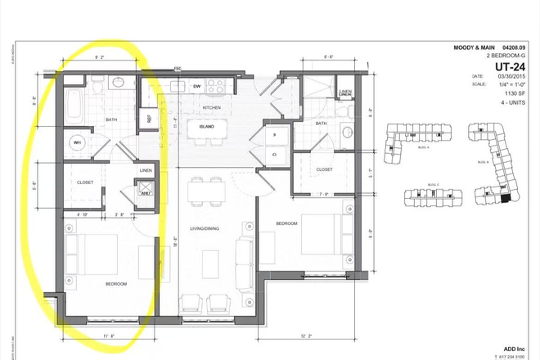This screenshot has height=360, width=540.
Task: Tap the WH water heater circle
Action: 78,142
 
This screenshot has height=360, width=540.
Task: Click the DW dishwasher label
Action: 197,86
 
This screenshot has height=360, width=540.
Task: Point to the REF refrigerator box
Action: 150,118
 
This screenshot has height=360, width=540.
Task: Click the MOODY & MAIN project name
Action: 476,47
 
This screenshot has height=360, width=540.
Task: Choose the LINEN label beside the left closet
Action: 145,169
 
